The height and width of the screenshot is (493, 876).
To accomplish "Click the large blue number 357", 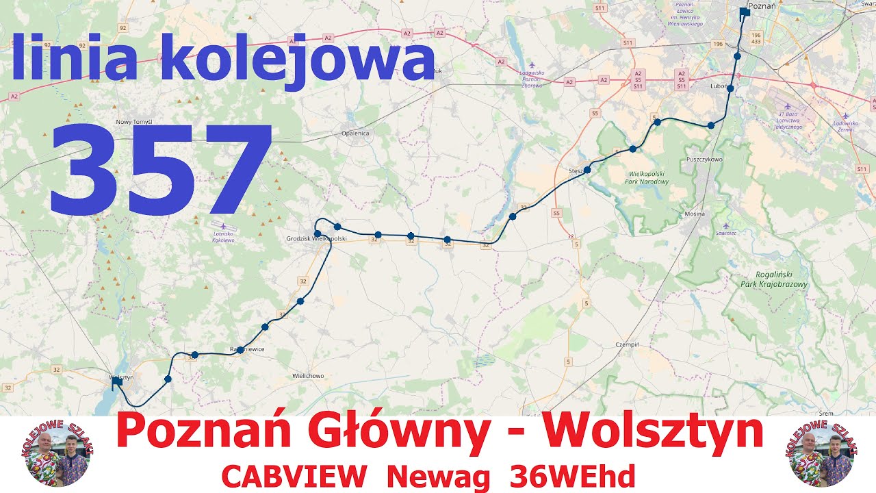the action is tap(162, 170).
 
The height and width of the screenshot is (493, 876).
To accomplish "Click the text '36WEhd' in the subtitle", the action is tap(573, 477).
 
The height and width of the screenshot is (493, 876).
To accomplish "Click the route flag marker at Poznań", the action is tap(744, 13).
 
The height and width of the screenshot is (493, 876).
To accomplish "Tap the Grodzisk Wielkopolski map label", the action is tap(317, 239).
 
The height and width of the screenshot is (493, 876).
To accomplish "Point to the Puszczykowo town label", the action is tap(704, 160).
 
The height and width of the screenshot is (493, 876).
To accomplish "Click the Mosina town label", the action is tap(695, 214).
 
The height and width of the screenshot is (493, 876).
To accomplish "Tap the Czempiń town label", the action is tap(627, 344).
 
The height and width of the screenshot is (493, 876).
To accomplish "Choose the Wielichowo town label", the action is tap(308, 376).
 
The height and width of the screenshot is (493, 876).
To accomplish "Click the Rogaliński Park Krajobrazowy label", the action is tap(774, 279).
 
